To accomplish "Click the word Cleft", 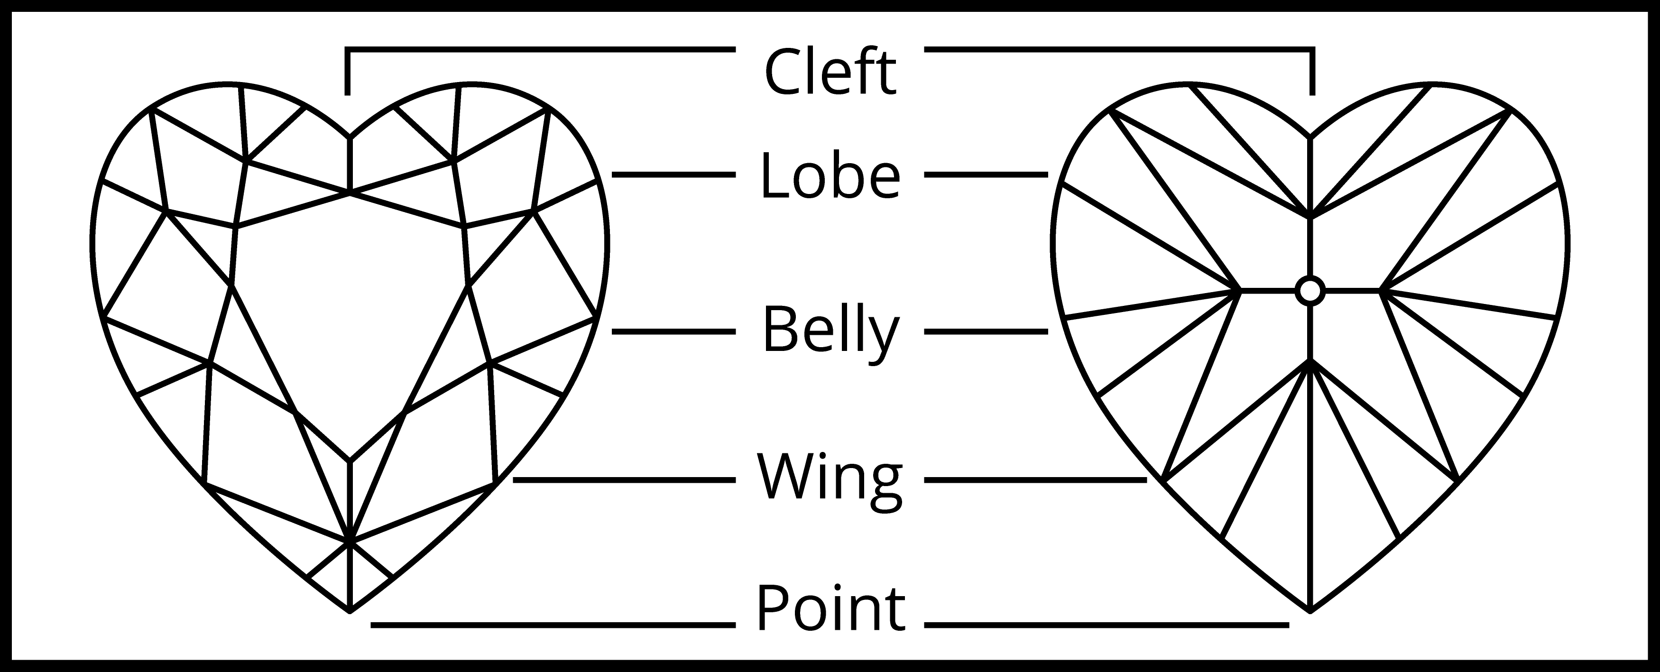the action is pyautogui.click(x=830, y=72).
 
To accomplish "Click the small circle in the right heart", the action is pyautogui.click(x=1310, y=291).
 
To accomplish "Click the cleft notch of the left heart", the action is pyautogui.click(x=350, y=137).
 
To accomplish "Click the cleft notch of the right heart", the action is pyautogui.click(x=1310, y=137).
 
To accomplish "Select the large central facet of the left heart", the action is pyautogui.click(x=350, y=309).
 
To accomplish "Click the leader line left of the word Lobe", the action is pyautogui.click(x=673, y=175).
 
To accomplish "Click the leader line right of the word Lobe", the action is pyautogui.click(x=987, y=175).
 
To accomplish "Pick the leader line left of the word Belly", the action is pyautogui.click(x=673, y=332).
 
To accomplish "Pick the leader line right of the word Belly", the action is pyautogui.click(x=987, y=332).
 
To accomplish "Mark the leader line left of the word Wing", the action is pyautogui.click(x=625, y=480).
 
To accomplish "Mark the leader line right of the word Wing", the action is pyautogui.click(x=1035, y=480).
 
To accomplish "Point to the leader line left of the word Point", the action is pyautogui.click(x=553, y=624).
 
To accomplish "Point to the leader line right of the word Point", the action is pyautogui.click(x=1107, y=624).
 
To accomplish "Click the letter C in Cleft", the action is pyautogui.click(x=782, y=72).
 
